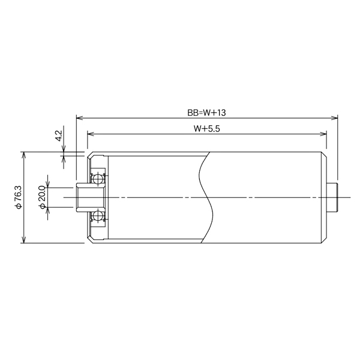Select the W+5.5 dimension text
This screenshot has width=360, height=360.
coord(206,128)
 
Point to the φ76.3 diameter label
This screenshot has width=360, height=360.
coord(18,197)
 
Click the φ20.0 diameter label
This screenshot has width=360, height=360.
coord(42,197)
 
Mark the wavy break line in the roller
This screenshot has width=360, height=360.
coord(206,197)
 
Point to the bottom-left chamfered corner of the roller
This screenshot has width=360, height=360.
coord(89,241)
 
